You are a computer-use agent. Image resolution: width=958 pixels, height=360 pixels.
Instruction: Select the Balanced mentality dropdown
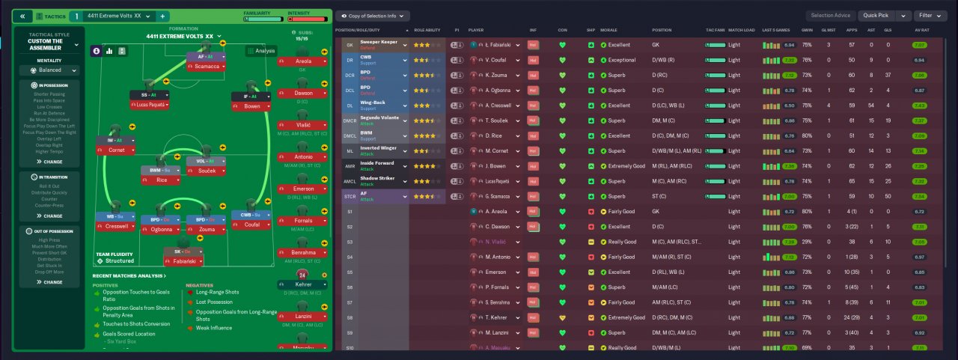[49, 70]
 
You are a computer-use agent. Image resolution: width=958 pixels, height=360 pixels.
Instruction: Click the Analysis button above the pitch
[261, 51]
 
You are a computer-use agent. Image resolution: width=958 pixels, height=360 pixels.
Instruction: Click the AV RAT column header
[922, 30]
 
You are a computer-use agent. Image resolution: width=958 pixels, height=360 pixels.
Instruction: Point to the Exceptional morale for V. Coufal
[622, 60]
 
